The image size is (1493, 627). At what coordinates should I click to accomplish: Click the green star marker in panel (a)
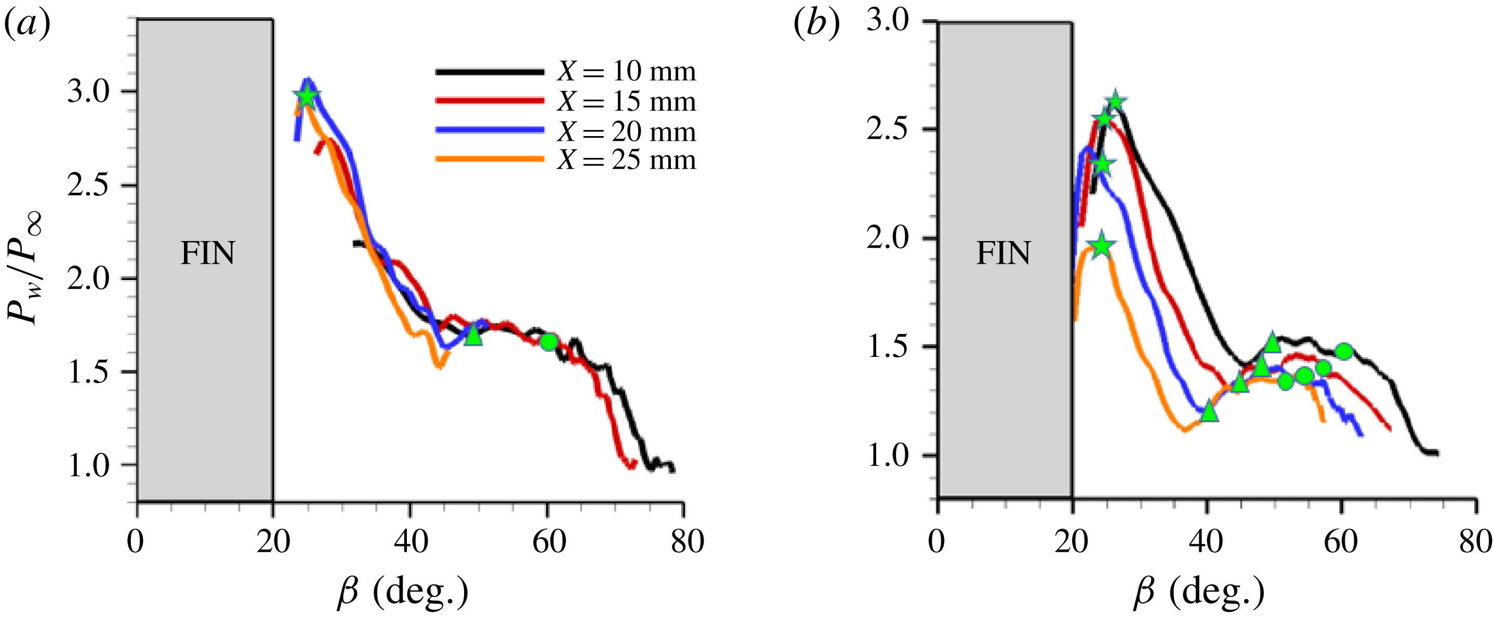[307, 96]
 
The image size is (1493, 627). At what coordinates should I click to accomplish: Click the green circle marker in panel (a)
[549, 342]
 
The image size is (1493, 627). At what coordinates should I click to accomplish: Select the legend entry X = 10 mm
[626, 71]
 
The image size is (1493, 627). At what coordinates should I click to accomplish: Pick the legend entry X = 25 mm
[626, 159]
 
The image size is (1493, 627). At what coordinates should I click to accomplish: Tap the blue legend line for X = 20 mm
[490, 130]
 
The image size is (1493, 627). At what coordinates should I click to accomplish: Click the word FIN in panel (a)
[207, 253]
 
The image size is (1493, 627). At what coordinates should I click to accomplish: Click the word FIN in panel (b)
[1004, 253]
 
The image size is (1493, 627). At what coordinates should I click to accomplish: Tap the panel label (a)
[27, 24]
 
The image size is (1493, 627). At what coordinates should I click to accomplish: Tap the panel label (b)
[816, 24]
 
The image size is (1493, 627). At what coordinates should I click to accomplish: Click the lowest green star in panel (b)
[1102, 246]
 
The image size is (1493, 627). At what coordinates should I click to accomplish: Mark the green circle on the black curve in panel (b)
[1344, 351]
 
